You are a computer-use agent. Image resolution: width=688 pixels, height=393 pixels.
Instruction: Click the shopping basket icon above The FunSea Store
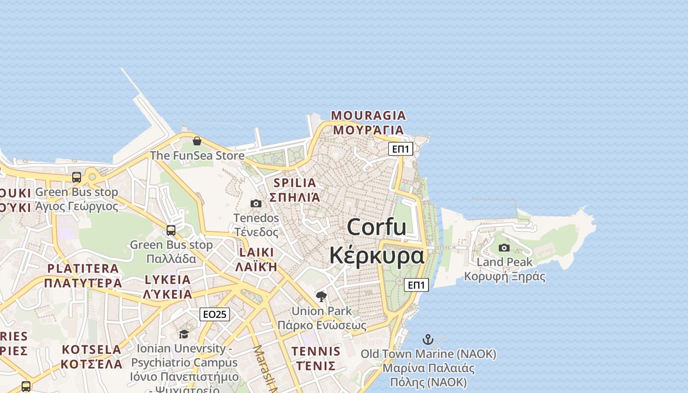coord(197,141)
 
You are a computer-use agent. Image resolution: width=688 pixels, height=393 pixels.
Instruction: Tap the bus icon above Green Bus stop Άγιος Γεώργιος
coord(77,177)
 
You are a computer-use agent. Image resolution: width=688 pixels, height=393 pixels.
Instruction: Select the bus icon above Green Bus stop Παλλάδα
coord(171,230)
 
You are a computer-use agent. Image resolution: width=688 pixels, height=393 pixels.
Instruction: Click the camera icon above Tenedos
coord(256,203)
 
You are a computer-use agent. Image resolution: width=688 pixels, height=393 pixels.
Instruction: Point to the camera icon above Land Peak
coord(504,248)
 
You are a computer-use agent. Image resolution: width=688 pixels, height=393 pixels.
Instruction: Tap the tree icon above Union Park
coord(321,296)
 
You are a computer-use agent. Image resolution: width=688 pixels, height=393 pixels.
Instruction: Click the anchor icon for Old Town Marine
coord(428,339)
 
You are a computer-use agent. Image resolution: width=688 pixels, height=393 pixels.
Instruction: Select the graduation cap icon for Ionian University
coord(184,334)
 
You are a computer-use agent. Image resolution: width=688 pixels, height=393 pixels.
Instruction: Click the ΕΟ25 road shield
coord(215,314)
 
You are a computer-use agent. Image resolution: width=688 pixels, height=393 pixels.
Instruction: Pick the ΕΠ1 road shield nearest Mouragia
coord(401,149)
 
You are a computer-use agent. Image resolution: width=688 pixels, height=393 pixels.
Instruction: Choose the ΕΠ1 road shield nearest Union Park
coord(416,285)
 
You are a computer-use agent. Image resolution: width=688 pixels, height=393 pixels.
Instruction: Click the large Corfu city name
coord(376,227)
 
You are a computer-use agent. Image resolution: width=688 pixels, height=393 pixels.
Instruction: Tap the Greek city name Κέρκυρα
coord(376,256)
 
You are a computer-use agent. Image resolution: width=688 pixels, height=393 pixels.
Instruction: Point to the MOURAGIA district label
coord(369,116)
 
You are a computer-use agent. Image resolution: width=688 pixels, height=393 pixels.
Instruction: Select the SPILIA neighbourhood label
coord(295,183)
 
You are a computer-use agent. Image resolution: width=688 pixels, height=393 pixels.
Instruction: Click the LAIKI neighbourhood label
coord(256,253)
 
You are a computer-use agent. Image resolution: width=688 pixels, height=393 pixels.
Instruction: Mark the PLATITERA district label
coord(83,269)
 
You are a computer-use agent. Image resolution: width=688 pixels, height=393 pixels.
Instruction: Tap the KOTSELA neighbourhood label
coord(91,350)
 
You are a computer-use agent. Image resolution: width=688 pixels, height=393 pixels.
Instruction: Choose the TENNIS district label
coord(315,351)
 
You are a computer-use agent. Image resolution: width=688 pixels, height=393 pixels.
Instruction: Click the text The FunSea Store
coord(197,156)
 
